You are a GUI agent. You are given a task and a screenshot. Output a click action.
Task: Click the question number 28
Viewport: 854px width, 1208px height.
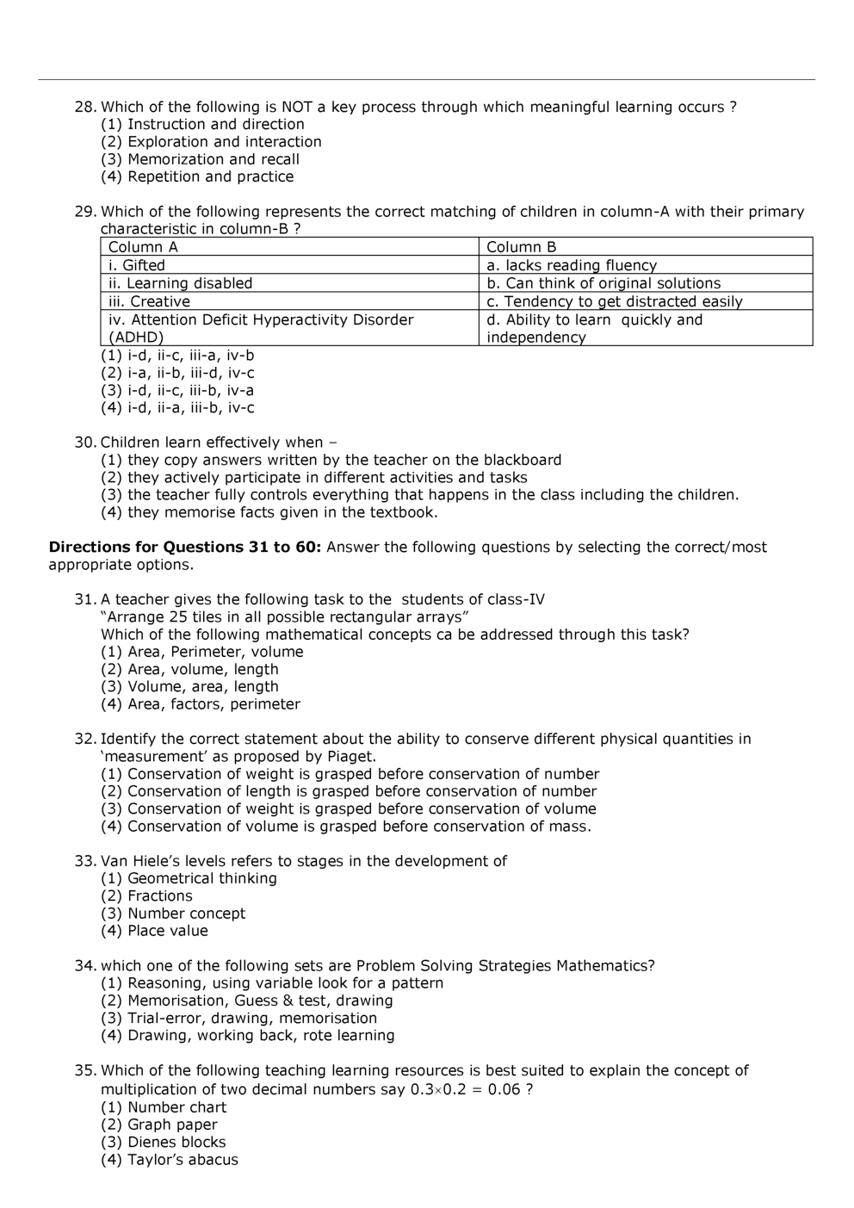coord(84,107)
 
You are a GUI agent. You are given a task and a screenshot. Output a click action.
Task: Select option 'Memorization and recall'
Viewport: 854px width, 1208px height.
coord(200,159)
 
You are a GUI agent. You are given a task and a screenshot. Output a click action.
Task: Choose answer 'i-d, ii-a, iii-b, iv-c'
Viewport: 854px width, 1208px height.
coord(177,408)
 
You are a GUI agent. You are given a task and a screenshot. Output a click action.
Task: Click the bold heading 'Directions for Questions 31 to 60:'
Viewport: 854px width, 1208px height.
coord(185,547)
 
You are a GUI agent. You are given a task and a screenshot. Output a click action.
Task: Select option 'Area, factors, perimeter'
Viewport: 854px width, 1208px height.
coord(201,704)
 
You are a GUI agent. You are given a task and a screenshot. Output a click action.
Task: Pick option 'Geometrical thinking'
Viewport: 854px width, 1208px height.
coord(189,878)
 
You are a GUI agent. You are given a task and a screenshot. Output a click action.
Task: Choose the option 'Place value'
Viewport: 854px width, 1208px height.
coord(154,931)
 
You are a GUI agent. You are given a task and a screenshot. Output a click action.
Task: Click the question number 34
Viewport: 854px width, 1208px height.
coord(84,966)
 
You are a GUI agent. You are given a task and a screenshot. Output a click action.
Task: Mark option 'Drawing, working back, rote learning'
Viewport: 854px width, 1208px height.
coord(247,1036)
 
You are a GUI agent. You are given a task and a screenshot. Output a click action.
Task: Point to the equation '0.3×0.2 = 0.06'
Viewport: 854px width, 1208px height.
coord(465,1089)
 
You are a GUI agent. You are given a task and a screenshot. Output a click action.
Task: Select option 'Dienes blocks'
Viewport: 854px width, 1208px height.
coord(164,1143)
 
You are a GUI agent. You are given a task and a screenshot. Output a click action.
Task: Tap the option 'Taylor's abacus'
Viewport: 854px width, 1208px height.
coord(169,1160)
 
